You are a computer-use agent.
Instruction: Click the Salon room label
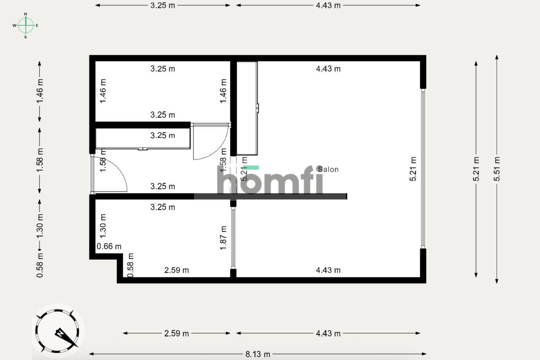[x=328, y=169]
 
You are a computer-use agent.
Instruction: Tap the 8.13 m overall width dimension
[x=258, y=354]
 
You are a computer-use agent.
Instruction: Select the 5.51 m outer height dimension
[x=497, y=169]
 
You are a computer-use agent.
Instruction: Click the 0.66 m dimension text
[x=109, y=246]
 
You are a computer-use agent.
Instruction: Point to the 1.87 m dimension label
[x=224, y=238]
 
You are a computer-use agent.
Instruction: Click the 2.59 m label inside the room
[x=176, y=270]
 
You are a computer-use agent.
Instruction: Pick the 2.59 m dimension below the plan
[x=176, y=333]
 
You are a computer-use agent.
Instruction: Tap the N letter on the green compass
[x=26, y=14]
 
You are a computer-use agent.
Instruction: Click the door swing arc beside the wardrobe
[x=211, y=143]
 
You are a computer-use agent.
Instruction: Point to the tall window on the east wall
[x=423, y=168]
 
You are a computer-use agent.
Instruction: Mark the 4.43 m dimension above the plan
[x=328, y=5]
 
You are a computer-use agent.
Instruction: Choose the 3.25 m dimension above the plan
[x=162, y=5]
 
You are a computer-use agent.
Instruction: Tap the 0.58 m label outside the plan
[x=40, y=265]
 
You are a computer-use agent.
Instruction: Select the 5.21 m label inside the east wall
[x=413, y=169]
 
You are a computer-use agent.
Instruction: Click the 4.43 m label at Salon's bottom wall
[x=328, y=270]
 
